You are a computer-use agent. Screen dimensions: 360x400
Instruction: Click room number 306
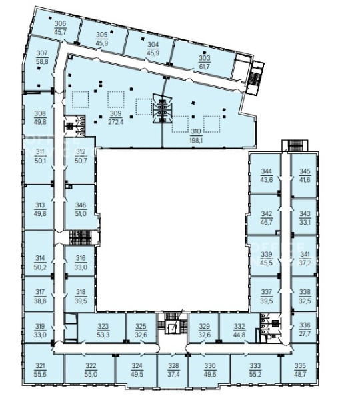[61, 23]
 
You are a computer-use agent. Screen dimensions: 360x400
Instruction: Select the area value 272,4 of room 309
[116, 122]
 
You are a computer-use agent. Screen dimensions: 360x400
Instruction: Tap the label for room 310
[196, 131]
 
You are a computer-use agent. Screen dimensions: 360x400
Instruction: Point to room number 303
[205, 58]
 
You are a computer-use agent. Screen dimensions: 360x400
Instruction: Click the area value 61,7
[205, 67]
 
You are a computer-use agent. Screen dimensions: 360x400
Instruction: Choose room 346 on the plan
[81, 205]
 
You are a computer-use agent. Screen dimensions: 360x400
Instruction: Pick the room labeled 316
[81, 258]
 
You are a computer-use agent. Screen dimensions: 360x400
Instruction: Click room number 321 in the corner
[40, 366]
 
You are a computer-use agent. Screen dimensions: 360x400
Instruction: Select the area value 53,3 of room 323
[103, 335]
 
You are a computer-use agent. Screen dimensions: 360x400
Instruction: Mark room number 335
[300, 366]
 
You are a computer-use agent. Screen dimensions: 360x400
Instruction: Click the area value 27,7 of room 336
[305, 334]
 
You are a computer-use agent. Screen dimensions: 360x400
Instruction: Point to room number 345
[305, 171]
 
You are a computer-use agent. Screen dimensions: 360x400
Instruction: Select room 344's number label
[266, 171]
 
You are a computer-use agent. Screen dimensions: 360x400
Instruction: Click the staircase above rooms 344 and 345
[295, 145]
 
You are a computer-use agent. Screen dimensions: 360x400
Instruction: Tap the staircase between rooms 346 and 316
[81, 238]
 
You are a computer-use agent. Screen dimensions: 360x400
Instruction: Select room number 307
[42, 53]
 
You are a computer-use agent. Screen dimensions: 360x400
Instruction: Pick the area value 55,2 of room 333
[255, 375]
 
